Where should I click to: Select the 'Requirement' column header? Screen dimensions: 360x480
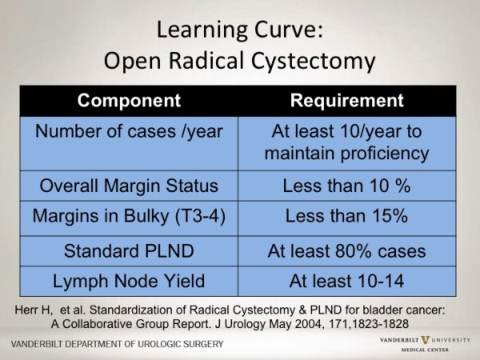click(346, 102)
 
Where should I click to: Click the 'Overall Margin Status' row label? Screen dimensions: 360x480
click(130, 186)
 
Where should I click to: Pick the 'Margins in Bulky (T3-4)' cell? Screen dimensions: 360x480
click(130, 217)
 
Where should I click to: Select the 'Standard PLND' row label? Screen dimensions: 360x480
click(130, 251)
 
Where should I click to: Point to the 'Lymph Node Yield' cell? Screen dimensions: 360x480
click(130, 281)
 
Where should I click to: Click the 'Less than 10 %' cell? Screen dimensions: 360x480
click(346, 186)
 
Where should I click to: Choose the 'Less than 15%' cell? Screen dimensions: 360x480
click(346, 217)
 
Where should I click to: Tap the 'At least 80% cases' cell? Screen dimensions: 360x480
click(346, 251)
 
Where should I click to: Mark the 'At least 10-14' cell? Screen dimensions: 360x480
click(346, 281)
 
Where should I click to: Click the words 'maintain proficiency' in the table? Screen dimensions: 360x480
click(346, 152)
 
